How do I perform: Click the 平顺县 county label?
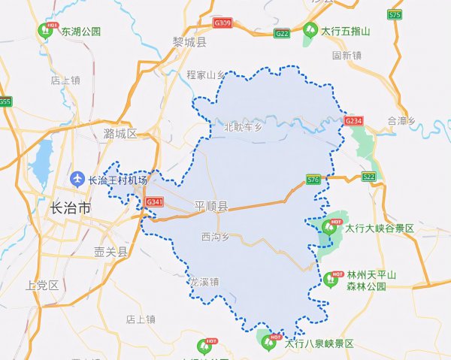[210, 206]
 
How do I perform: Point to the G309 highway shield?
[222, 24]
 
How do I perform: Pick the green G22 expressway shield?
[283, 33]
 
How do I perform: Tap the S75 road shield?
[395, 14]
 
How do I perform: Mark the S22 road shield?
[368, 176]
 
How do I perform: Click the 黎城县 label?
[189, 42]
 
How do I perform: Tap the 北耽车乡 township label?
[243, 127]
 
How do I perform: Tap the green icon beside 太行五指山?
[310, 31]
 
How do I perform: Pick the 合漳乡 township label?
[401, 119]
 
